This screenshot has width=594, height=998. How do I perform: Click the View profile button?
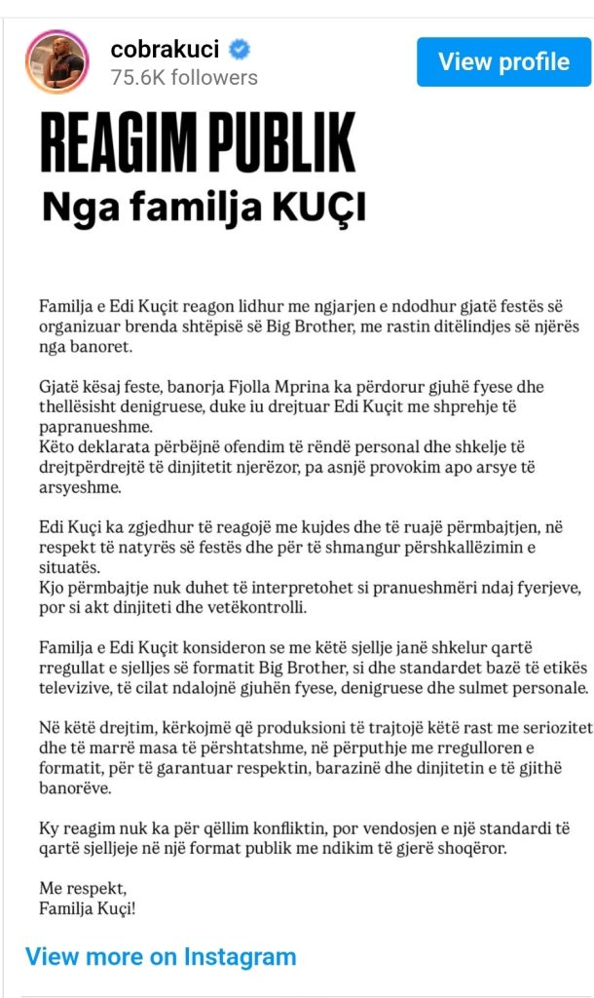503,62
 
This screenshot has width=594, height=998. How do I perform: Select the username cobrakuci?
165,48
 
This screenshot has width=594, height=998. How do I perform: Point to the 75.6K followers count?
183,77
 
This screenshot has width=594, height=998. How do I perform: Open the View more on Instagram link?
161,956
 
